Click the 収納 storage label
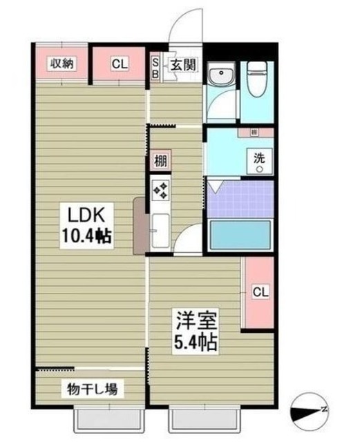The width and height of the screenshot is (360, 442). [61, 64]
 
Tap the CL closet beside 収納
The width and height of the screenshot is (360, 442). [120, 64]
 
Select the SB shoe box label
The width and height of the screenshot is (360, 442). [155, 66]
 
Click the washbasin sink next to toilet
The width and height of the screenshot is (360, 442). [222, 77]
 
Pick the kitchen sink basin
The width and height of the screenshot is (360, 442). [160, 230]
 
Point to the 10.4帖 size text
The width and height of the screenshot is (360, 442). [86, 236]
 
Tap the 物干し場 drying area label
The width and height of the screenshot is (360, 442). [92, 389]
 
